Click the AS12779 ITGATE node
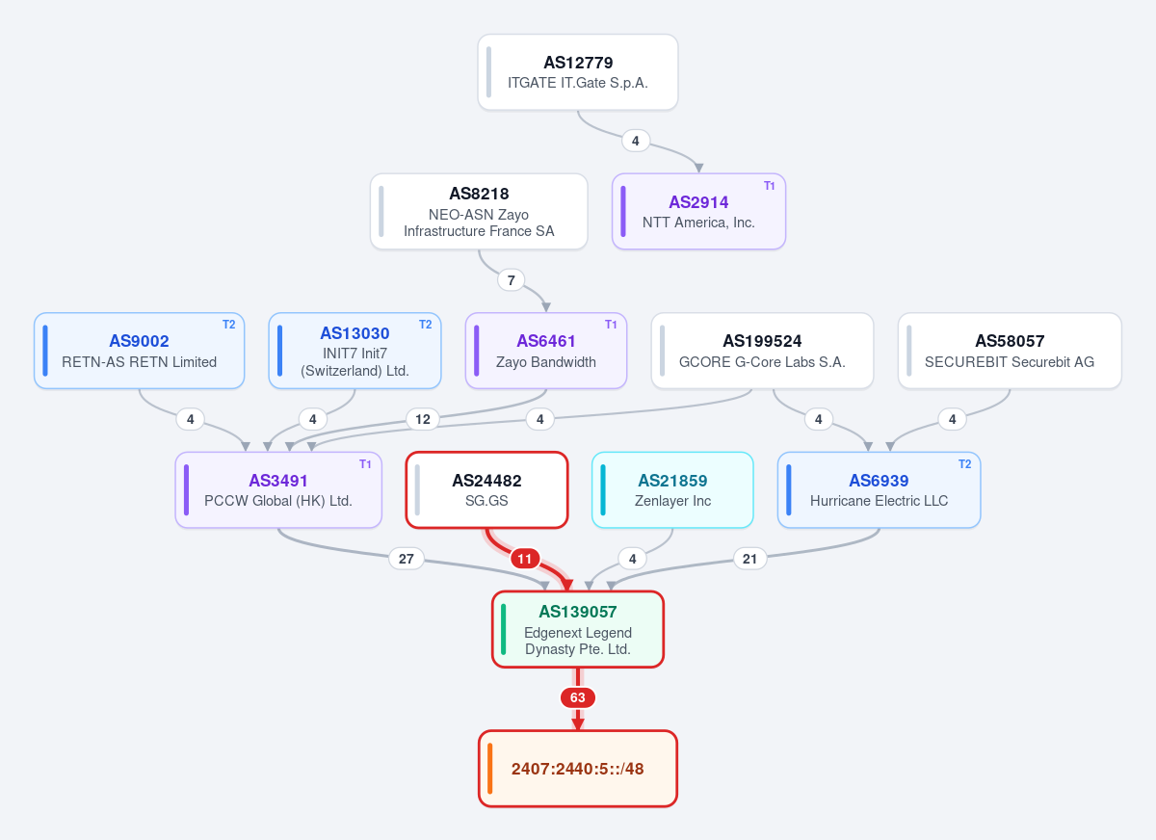point(577,72)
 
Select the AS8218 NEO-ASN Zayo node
point(479,212)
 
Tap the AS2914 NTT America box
point(698,212)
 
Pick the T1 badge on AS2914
point(769,186)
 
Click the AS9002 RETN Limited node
point(140,351)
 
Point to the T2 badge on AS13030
point(425,325)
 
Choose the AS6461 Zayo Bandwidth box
point(546,351)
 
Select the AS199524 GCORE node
point(762,351)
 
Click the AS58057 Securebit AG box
point(1010,351)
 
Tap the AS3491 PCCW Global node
point(278,490)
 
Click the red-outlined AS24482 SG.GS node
point(486,490)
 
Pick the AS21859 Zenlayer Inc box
point(672,490)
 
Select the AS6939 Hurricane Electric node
point(879,490)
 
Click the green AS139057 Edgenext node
point(577,629)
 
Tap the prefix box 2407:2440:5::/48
point(577,769)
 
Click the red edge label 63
point(577,697)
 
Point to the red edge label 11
point(525,559)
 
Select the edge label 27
point(407,559)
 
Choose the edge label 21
point(749,559)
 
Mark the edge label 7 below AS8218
point(511,280)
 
